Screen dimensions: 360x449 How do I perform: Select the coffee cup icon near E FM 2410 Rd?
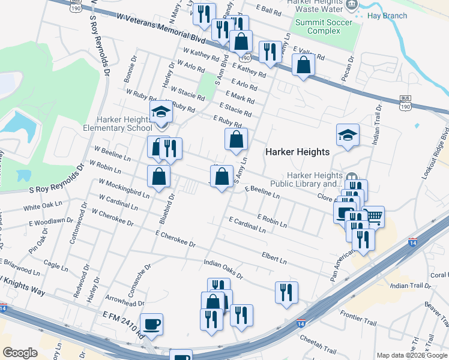[x=152, y=324]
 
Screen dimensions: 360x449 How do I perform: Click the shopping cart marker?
[x=373, y=216]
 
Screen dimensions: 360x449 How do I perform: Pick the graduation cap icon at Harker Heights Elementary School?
[x=160, y=112]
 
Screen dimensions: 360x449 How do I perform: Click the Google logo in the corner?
[x=20, y=353]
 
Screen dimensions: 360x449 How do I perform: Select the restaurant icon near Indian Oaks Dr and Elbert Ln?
[x=286, y=292]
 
